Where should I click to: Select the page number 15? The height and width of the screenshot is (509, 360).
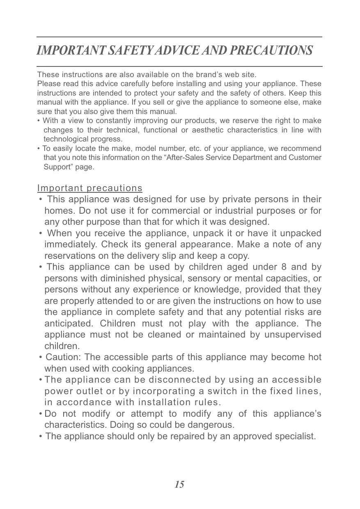(179, 484)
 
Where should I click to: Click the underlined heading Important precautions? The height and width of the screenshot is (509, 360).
(90, 188)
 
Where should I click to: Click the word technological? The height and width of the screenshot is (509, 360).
(64, 139)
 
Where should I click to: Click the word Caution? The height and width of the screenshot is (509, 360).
(62, 357)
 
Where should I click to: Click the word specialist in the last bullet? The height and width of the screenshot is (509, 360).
(294, 436)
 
